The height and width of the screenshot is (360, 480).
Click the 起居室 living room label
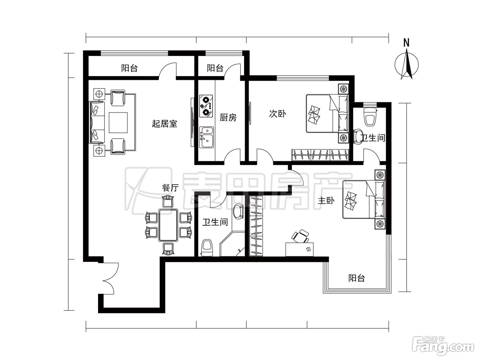click(x=165, y=124)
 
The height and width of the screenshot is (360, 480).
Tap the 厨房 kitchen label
click(x=228, y=118)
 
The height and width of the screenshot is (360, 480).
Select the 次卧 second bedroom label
click(x=277, y=114)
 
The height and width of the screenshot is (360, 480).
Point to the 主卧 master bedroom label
click(x=326, y=201)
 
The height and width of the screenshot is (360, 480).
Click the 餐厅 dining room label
click(x=170, y=188)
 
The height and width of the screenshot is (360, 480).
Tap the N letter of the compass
click(x=406, y=43)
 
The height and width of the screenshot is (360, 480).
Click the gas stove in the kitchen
click(x=206, y=106)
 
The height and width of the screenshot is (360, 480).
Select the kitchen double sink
click(x=206, y=137)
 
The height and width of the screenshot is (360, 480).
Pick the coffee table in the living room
click(x=118, y=123)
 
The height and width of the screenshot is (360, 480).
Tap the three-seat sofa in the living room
click(x=97, y=122)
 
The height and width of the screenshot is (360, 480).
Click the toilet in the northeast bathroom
click(x=370, y=116)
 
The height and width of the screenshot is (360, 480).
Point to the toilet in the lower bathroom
click(x=207, y=248)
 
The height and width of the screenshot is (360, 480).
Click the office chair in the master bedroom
click(x=301, y=236)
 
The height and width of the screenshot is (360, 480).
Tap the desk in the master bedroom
click(x=300, y=249)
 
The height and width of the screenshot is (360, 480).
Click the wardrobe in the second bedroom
click(x=320, y=155)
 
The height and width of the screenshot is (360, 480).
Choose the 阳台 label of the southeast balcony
click(x=357, y=278)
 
